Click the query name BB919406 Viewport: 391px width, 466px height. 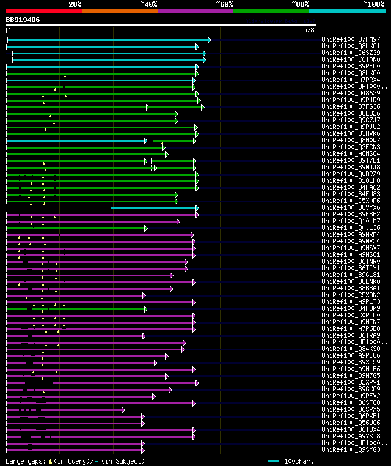23,20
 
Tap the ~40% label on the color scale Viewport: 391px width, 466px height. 148,4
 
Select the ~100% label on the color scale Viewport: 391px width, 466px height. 374,4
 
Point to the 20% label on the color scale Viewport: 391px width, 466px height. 75,4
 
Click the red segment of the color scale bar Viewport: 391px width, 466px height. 43,11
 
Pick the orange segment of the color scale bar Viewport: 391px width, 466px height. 119,11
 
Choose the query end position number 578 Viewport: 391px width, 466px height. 309,30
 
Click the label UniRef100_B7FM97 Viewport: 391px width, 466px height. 351,40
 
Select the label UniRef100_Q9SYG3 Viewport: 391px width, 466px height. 351,449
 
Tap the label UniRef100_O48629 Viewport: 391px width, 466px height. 351,94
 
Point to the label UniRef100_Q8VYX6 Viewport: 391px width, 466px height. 351,208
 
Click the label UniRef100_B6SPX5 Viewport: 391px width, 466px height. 351,409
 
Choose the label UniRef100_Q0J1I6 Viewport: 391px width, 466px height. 351,228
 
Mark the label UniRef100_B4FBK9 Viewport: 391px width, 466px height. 351,309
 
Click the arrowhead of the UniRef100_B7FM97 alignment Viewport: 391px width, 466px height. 209,40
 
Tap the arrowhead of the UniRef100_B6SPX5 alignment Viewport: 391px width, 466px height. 123,409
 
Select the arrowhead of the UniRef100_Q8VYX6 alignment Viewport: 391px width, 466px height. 197,208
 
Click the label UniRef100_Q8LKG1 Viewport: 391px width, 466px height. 351,46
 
